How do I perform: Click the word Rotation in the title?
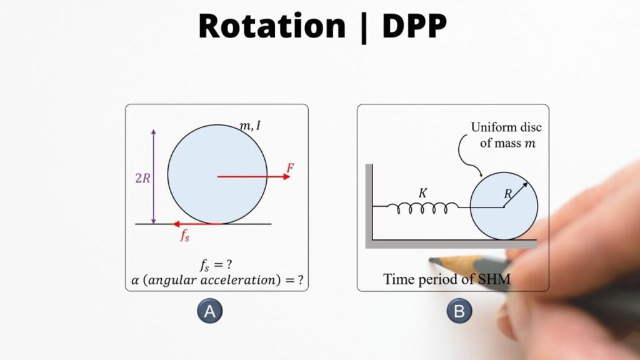tap(272, 26)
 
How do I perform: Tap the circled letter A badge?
tap(210, 311)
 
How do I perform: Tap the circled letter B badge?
tap(459, 311)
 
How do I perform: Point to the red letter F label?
tap(290, 167)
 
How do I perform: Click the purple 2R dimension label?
tap(142, 177)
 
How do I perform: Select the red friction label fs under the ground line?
tap(185, 236)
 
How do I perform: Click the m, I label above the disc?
tap(251, 126)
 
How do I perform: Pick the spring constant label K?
tap(422, 194)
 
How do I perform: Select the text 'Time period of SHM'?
tap(447, 279)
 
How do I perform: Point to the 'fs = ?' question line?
tap(216, 264)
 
